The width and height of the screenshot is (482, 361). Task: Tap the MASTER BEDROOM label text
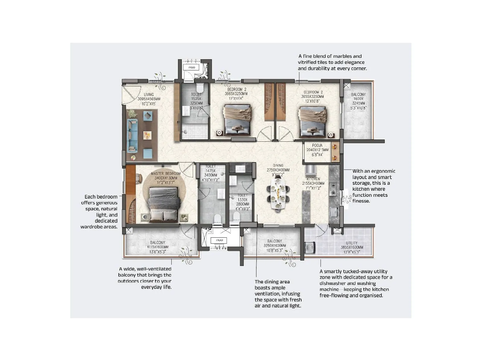[x=166, y=174]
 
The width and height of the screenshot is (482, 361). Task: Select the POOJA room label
[x=317, y=145]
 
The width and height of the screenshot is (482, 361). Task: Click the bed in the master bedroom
[x=163, y=203]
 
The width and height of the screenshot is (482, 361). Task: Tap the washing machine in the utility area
[x=310, y=248]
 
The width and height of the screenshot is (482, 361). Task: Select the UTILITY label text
[x=352, y=243]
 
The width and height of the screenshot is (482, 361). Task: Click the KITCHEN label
[x=313, y=179]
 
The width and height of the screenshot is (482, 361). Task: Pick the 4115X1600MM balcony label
[x=158, y=247]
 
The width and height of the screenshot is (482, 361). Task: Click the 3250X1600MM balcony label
[x=274, y=245]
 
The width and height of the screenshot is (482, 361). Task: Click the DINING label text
[x=278, y=165]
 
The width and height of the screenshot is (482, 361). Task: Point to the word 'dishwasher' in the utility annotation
[x=332, y=283]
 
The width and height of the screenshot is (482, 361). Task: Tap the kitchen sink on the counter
[x=333, y=212]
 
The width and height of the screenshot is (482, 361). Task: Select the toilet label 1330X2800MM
[x=243, y=200]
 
